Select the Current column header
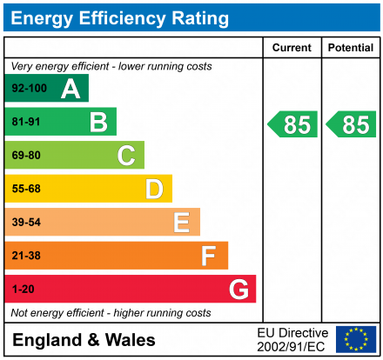pos(292,48)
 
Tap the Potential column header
pos(350,48)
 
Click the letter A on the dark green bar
pos(71,89)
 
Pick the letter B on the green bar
pos(98,123)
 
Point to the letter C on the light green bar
pos(126,156)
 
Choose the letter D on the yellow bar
pos(154,189)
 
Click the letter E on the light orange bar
pos(181,223)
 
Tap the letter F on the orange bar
pos(209,256)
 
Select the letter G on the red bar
pos(238,289)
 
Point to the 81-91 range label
pos(25,123)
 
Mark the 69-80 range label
pos(25,156)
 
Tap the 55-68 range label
pos(25,189)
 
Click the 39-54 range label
pos(25,223)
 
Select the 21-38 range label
pos(25,256)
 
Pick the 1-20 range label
pos(22,289)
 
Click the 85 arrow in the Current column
pos(292,124)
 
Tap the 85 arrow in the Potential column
pos(351,124)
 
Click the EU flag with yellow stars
pos(356,339)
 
